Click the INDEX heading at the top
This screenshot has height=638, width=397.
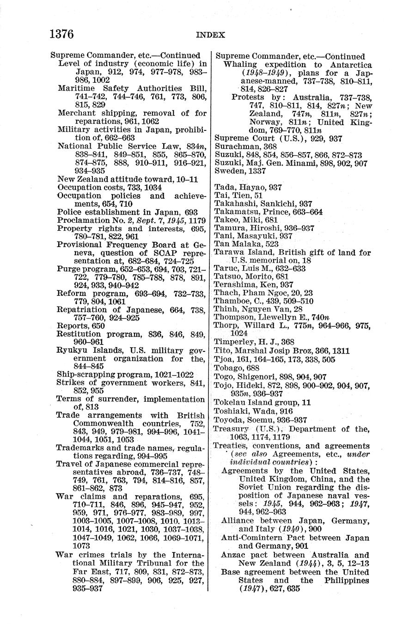click(210, 35)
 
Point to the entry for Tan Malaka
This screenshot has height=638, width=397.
click(239, 244)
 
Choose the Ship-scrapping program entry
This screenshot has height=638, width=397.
click(125, 374)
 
